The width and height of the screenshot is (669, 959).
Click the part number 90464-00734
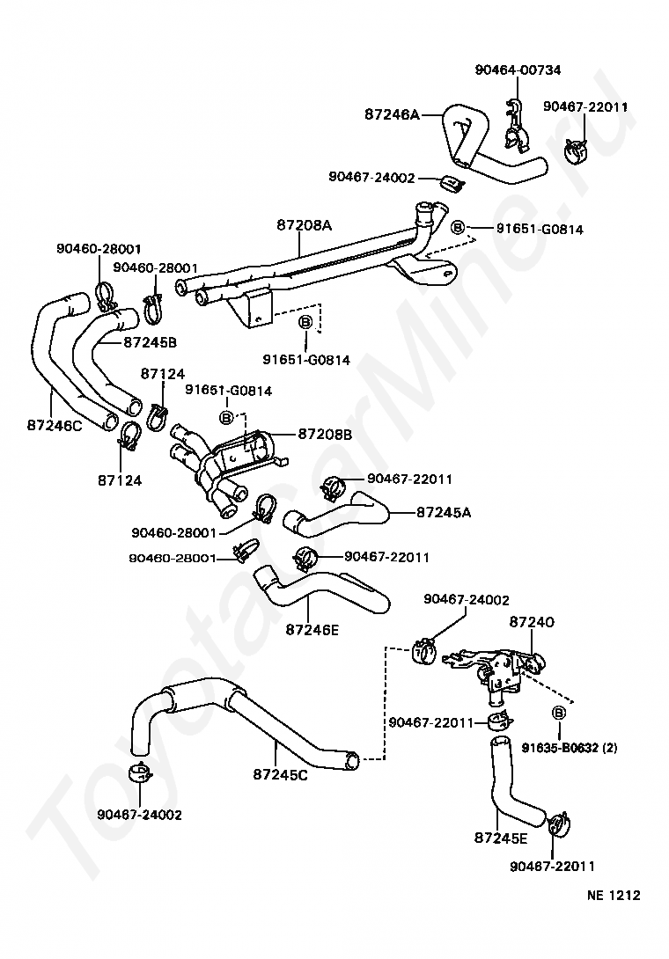[518, 70]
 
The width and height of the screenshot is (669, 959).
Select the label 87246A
[393, 113]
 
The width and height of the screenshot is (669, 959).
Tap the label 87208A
[305, 225]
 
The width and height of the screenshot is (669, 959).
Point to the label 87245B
[150, 342]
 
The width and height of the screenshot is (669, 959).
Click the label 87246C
[55, 424]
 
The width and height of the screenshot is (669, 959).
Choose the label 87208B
[325, 435]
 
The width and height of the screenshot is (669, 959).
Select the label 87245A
[444, 512]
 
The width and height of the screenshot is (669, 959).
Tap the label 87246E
[312, 629]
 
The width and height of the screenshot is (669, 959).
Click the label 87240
[532, 621]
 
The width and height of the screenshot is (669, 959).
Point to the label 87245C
[280, 774]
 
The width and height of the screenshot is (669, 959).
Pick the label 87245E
[501, 838]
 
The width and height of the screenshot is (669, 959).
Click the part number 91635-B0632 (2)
[570, 747]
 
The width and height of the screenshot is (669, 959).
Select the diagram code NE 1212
[614, 895]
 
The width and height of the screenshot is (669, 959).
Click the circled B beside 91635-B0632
[559, 713]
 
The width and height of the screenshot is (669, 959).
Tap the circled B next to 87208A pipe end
[458, 228]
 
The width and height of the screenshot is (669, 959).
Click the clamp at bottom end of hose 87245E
[559, 824]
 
